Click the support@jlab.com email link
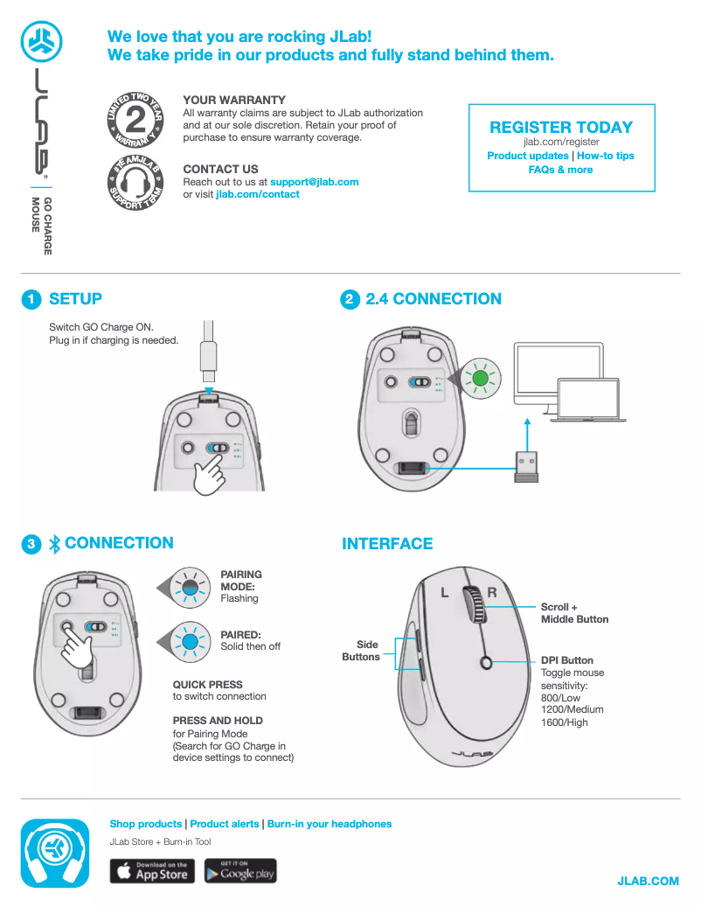coord(314,182)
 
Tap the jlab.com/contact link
coord(257,194)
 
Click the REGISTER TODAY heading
coord(560,127)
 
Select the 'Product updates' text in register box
coord(528,156)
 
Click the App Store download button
coord(151,871)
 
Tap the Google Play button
coord(240,871)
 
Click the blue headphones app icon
coord(55,854)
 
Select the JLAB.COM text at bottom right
coord(648,881)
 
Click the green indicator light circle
coord(479,379)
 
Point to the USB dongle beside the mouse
coord(526,467)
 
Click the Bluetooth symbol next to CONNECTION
coord(54,544)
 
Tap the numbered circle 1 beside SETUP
coord(31,300)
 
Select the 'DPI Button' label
coord(566,660)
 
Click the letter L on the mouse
coord(444,593)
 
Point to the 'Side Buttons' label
coord(361,651)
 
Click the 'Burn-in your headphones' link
coord(329,824)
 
